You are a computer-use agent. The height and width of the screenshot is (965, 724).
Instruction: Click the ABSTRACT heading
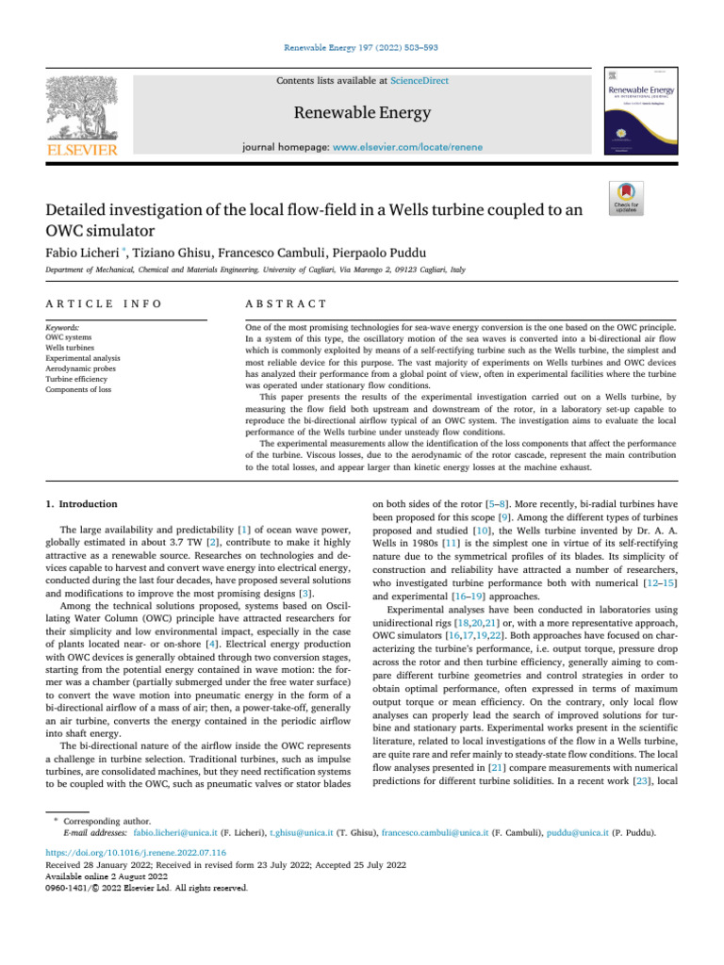point(286,303)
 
